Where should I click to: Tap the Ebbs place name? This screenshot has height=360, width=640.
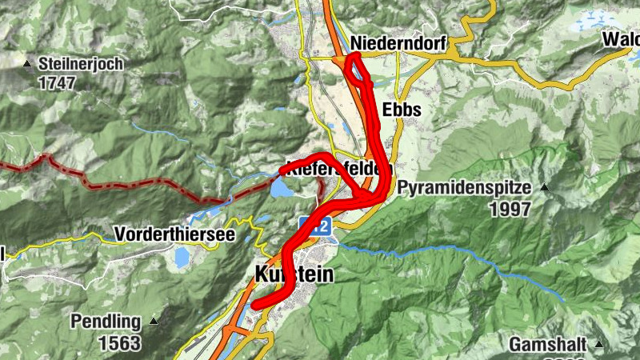402,110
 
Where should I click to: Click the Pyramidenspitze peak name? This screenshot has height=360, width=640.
464,189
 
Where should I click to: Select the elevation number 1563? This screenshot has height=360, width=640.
119,344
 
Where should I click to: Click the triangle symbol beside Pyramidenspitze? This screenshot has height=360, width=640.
544,188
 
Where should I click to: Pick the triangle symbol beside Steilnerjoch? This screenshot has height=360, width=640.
29,62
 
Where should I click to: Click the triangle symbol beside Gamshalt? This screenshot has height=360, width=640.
598,345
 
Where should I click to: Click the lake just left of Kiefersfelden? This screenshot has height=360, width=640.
282,189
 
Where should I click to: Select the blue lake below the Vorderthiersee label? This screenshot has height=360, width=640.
182,257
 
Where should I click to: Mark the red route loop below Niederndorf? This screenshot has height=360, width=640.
358,70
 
